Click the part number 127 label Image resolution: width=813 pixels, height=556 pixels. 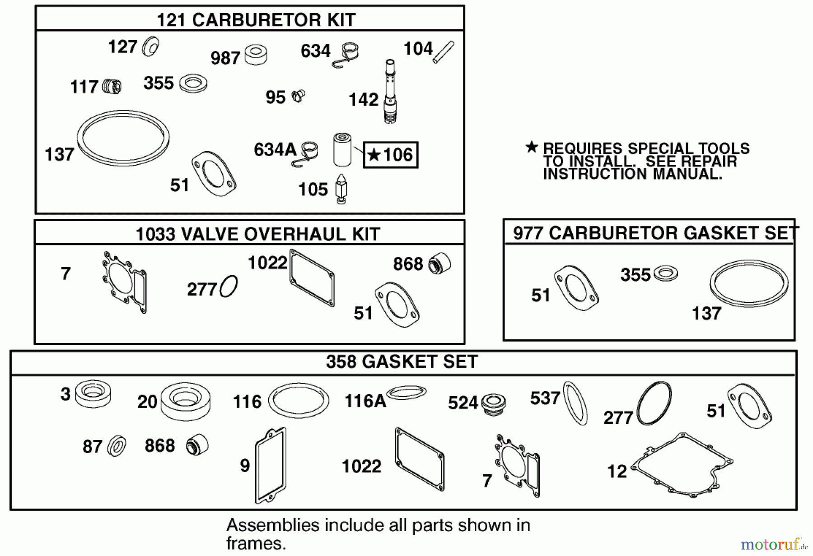pyautogui.click(x=122, y=47)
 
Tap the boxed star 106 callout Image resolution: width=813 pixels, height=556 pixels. pyautogui.click(x=391, y=155)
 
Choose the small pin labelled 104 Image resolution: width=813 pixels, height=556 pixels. pyautogui.click(x=444, y=52)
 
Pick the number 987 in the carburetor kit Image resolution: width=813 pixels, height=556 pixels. pyautogui.click(x=225, y=58)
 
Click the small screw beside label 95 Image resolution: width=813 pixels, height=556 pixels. pyautogui.click(x=298, y=96)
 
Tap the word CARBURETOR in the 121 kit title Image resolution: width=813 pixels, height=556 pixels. pyautogui.click(x=255, y=20)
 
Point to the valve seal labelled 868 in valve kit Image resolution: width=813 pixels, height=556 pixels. pyautogui.click(x=439, y=264)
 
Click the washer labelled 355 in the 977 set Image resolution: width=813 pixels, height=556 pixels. pyautogui.click(x=666, y=273)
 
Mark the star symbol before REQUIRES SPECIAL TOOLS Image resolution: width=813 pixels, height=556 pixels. pyautogui.click(x=532, y=147)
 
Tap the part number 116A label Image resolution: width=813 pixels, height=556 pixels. pyautogui.click(x=365, y=401)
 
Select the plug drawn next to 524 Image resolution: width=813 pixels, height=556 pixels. pyautogui.click(x=493, y=403)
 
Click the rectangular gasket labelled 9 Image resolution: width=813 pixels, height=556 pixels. pyautogui.click(x=270, y=465)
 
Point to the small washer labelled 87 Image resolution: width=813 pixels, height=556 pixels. pyautogui.click(x=117, y=446)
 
